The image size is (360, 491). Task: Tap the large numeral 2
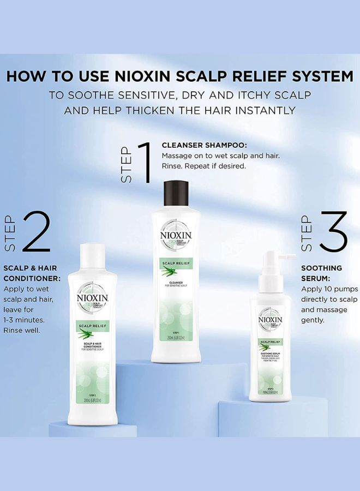(35, 232)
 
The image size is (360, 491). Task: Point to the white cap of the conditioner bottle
(93, 258)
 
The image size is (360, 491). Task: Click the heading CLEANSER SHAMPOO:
(205, 146)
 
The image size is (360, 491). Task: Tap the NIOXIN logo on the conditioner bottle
(93, 298)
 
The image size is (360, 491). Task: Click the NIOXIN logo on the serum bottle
(271, 320)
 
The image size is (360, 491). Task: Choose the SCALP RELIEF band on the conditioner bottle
(92, 326)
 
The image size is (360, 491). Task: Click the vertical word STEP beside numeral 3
(306, 233)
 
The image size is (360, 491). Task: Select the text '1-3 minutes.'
(24, 320)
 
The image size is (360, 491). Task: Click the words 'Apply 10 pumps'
(329, 289)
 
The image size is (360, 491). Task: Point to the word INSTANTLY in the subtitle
(264, 110)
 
